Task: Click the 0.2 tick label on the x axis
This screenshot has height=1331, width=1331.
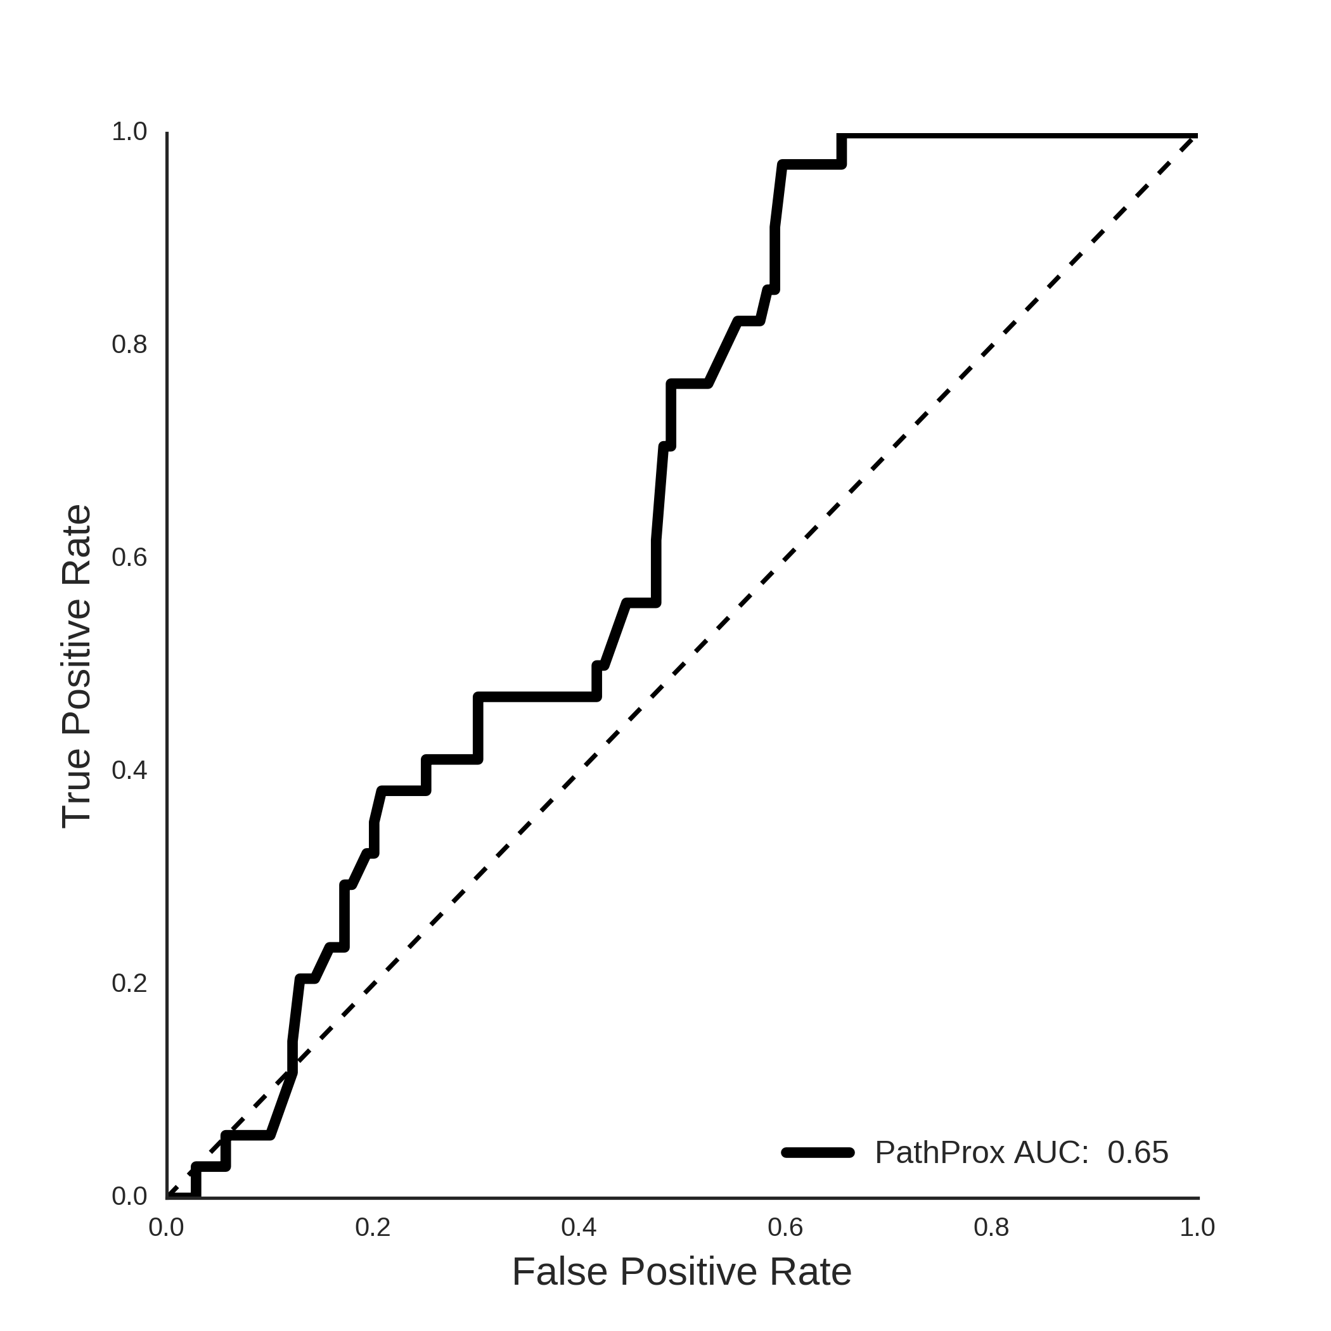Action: [x=373, y=1228]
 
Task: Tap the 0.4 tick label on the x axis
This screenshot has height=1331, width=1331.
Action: [x=579, y=1228]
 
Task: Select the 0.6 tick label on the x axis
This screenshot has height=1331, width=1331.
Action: [x=785, y=1228]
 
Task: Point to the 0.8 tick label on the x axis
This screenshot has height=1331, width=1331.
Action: [x=991, y=1228]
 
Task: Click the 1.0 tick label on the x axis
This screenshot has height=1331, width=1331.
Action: [x=1197, y=1228]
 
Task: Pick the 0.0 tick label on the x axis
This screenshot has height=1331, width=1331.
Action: [x=166, y=1228]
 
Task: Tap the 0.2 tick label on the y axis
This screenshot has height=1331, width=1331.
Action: [x=129, y=984]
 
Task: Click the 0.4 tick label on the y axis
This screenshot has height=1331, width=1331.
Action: [x=129, y=771]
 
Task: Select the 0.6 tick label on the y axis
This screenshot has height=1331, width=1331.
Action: [x=129, y=557]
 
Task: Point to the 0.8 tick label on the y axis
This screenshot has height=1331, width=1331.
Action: [x=129, y=344]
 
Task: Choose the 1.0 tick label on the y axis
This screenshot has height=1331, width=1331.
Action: [x=129, y=132]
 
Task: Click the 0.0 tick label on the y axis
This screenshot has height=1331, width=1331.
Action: [x=129, y=1197]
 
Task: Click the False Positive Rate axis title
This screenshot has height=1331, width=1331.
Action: [x=682, y=1272]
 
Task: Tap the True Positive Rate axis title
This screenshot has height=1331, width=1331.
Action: [x=77, y=667]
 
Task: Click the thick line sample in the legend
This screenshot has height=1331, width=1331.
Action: [x=818, y=1152]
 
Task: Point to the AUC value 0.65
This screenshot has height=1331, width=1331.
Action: [x=1138, y=1152]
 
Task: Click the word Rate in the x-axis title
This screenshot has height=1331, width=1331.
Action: [x=811, y=1272]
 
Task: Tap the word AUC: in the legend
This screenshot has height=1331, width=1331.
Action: [x=1051, y=1152]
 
